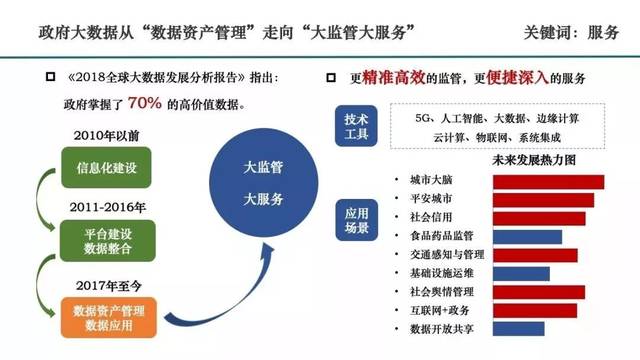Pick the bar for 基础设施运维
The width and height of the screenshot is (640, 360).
[519, 273]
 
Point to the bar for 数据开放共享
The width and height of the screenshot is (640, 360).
[517, 328]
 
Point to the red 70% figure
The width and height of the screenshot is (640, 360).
[144, 103]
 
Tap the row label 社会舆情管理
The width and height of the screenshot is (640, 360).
[448, 291]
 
